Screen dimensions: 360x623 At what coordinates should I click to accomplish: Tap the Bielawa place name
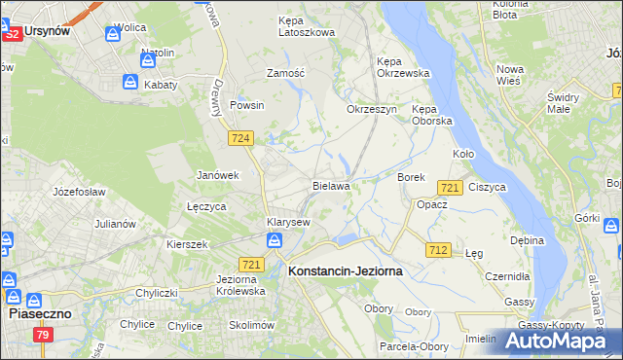pyautogui.click(x=331, y=184)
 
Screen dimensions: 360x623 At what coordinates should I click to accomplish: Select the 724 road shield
pyautogui.click(x=241, y=139)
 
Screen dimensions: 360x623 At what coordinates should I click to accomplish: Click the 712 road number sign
pyautogui.click(x=438, y=250)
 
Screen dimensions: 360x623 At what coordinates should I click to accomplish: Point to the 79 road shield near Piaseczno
pyautogui.click(x=42, y=336)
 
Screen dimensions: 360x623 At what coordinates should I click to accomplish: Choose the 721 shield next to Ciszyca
pyautogui.click(x=450, y=187)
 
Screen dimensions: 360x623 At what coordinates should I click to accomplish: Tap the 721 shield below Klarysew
pyautogui.click(x=251, y=265)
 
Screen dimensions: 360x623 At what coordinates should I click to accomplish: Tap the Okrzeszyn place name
pyautogui.click(x=372, y=109)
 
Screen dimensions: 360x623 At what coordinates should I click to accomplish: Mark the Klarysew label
pyautogui.click(x=289, y=222)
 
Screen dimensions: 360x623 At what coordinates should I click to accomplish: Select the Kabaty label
pyautogui.click(x=161, y=85)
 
